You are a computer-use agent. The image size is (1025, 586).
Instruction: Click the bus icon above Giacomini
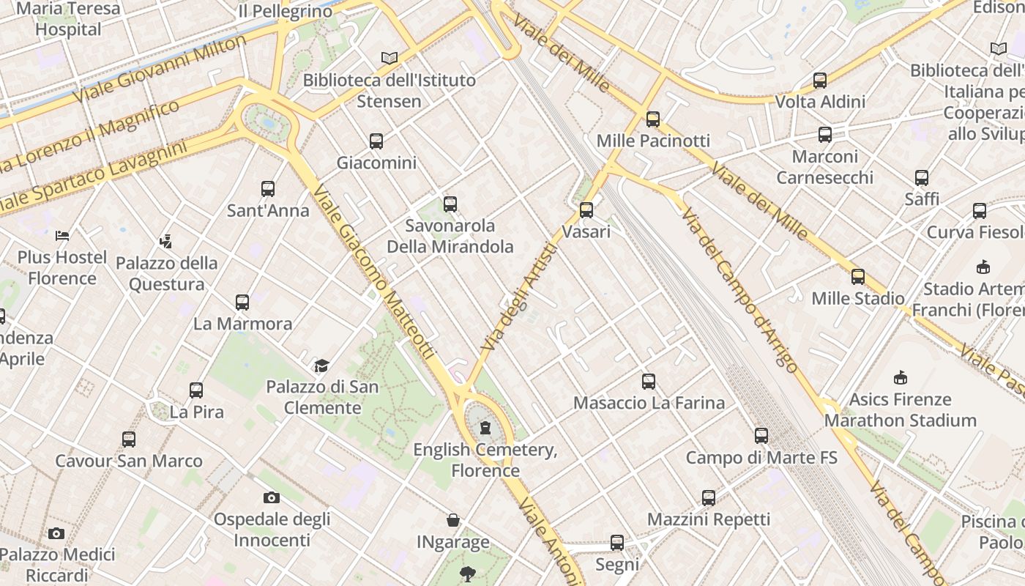(x=376, y=141)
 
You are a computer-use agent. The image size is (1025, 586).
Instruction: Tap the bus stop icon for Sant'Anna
(x=268, y=189)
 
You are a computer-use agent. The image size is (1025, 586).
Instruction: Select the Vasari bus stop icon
(x=586, y=211)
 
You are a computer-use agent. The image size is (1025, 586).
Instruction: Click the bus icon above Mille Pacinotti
(x=653, y=119)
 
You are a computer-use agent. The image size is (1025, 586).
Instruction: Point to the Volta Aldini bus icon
(x=820, y=81)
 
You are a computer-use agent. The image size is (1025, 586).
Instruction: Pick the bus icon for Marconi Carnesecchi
(x=825, y=135)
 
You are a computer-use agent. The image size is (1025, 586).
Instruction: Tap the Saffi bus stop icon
(x=922, y=178)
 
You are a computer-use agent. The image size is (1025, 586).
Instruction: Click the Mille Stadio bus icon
(x=858, y=277)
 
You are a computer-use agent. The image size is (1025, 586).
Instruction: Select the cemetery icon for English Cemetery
(x=485, y=428)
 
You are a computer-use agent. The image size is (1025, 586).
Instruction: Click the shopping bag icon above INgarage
(x=453, y=521)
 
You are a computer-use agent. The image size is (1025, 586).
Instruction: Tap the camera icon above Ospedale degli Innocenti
(x=272, y=498)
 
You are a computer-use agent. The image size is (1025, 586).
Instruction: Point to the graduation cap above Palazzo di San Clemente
(x=321, y=366)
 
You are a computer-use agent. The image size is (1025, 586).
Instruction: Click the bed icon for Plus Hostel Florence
(x=62, y=236)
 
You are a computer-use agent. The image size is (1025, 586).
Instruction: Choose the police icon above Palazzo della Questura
(x=166, y=241)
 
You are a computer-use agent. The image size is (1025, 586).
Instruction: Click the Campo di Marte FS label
(x=761, y=458)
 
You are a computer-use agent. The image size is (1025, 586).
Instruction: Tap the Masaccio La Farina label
(x=649, y=403)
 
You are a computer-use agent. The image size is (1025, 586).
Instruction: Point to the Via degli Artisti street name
(x=520, y=296)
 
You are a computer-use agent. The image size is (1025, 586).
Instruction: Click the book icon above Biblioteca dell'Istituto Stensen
(x=389, y=59)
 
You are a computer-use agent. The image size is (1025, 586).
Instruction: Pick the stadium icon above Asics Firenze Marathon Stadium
(x=901, y=378)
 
